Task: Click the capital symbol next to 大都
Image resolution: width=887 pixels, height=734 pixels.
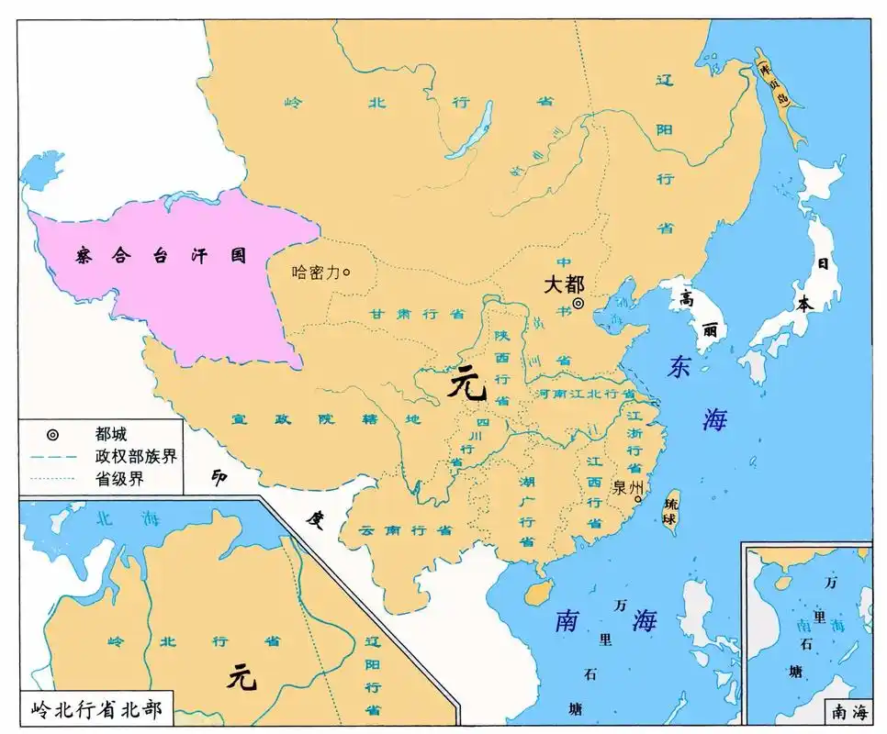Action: tap(578, 304)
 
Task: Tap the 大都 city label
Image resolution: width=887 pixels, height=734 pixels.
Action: tap(563, 284)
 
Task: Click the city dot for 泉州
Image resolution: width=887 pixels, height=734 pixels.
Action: tap(637, 499)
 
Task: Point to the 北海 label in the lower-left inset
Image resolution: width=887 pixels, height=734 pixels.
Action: tap(129, 517)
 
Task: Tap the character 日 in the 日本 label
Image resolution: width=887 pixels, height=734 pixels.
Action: tap(823, 263)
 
